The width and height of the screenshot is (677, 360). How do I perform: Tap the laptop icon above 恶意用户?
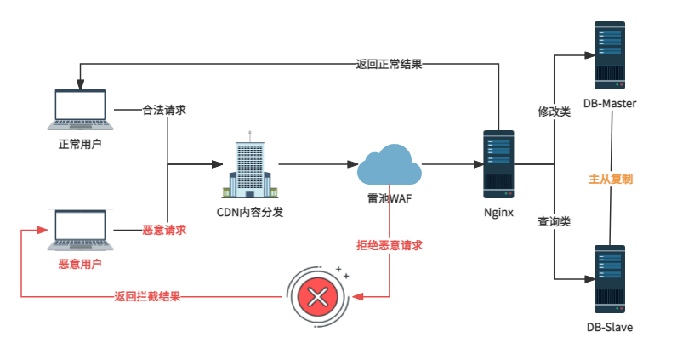tap(80, 231)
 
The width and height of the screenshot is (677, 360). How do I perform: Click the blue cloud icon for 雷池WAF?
tap(390, 163)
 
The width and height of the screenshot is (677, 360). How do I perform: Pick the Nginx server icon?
tap(498, 163)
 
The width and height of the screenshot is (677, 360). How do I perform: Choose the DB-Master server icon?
tap(610, 53)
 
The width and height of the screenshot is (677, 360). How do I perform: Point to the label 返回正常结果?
tap(390, 64)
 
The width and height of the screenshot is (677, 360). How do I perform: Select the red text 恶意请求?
tap(164, 230)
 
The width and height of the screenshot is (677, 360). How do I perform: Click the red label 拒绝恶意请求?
tap(390, 245)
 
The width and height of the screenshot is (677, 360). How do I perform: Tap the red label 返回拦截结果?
tap(147, 297)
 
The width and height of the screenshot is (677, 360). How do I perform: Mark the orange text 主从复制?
tap(611, 180)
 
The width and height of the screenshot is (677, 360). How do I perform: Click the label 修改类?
tap(553, 111)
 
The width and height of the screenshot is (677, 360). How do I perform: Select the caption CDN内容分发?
tap(249, 212)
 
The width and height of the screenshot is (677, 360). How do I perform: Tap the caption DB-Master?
tap(610, 104)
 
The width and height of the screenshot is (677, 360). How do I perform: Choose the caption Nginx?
tap(498, 213)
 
